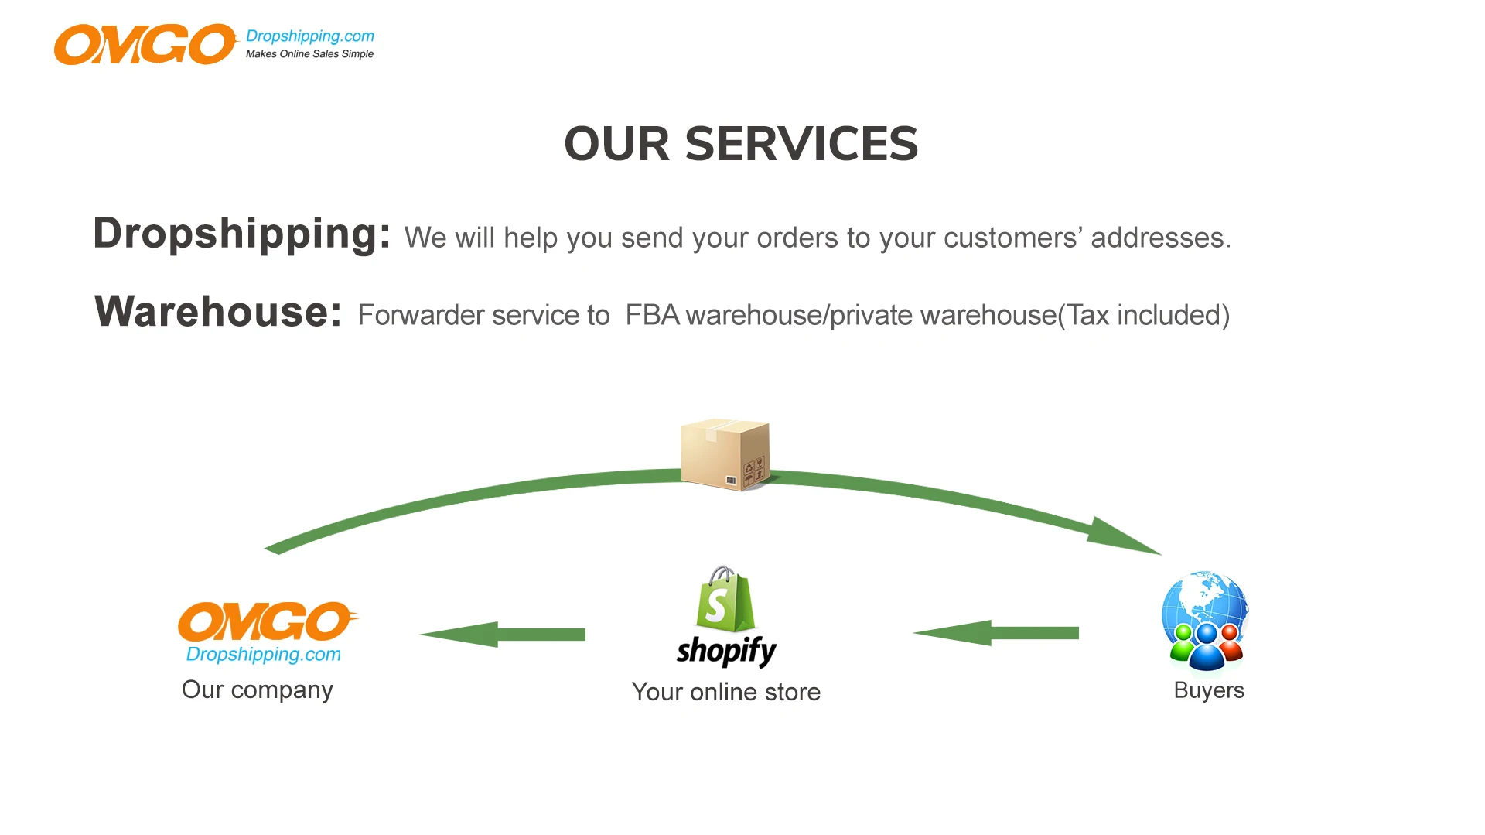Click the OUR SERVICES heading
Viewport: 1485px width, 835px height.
coord(741,144)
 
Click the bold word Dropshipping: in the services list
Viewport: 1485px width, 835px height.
coord(242,234)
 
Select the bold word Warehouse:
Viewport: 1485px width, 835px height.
coord(217,312)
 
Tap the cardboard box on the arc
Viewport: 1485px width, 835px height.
coord(725,454)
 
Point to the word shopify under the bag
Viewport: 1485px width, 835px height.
coord(726,651)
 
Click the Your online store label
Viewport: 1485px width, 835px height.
coord(725,692)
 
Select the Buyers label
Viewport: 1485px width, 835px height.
coord(1208,690)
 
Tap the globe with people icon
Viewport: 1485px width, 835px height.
coord(1205,620)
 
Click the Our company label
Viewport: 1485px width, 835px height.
coord(257,690)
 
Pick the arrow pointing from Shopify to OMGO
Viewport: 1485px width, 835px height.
coord(503,635)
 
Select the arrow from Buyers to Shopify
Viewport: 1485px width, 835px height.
coord(996,633)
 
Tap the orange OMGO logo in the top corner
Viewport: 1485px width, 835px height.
coord(145,44)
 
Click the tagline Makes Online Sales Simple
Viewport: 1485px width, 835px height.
coord(309,54)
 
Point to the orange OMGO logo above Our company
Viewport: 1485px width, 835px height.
coord(267,621)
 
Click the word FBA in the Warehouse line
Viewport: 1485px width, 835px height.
coord(652,316)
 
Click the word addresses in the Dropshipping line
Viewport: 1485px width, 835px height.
coord(1157,238)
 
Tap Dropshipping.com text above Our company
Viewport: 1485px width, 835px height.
coord(263,655)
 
